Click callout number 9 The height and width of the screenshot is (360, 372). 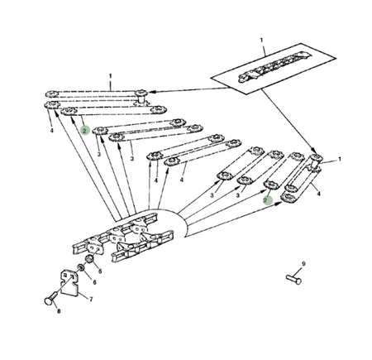(x=303, y=264)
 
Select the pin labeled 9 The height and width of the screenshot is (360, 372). (x=293, y=279)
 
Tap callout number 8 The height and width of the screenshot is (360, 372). (x=59, y=311)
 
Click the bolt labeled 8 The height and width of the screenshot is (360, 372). (x=52, y=299)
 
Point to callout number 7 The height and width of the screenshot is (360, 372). (x=91, y=300)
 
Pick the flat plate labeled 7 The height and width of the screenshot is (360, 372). (x=69, y=283)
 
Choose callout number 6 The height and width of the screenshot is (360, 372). (x=94, y=282)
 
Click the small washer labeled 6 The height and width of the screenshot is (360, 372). (x=81, y=268)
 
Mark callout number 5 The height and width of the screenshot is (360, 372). (x=100, y=271)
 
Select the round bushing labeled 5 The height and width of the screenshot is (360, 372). (x=89, y=259)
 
